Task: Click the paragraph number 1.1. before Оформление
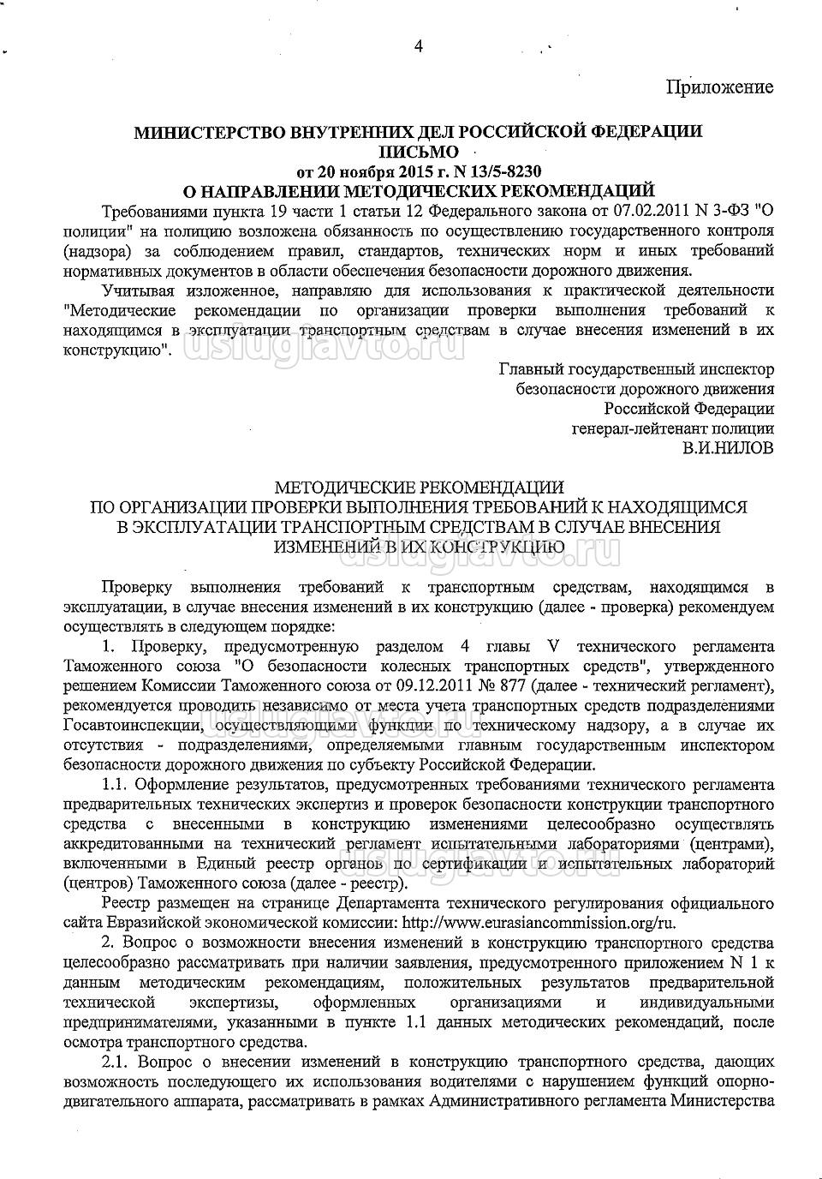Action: (116, 785)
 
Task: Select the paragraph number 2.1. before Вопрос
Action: (116, 1062)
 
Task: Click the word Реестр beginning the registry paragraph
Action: (126, 904)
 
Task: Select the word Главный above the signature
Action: (532, 369)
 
